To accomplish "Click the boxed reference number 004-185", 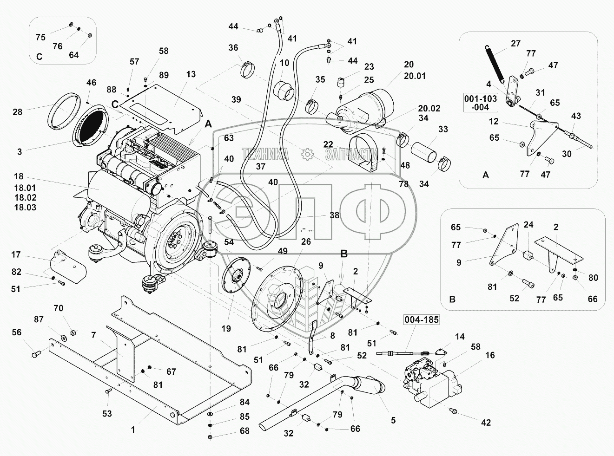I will [421, 319].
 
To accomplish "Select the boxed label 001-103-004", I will [481, 103].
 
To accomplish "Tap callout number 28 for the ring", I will [17, 112].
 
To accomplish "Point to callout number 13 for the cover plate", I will [191, 74].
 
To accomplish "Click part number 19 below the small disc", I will [226, 329].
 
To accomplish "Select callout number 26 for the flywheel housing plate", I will [305, 241].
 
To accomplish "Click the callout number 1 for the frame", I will [132, 430].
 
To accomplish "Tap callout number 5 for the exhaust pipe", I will [393, 420].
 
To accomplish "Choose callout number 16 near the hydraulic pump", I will [490, 355].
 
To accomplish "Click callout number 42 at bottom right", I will [486, 423].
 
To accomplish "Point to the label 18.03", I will [25, 208].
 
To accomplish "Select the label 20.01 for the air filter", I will [415, 76].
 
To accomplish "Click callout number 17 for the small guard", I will [16, 254].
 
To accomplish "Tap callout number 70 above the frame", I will [58, 308].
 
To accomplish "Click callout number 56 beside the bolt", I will [17, 332].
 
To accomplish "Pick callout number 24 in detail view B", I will [528, 225].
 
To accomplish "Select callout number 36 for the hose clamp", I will [233, 47].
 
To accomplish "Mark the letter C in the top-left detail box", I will [40, 57].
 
